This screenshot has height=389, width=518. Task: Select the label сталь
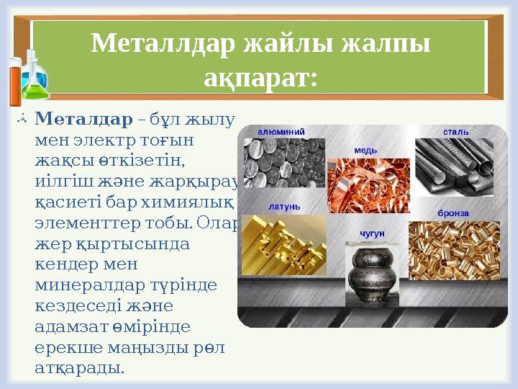click(455, 133)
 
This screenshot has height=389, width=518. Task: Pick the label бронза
click(453, 213)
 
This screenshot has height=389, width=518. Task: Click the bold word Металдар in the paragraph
click(83, 117)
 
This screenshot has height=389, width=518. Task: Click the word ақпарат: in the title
click(260, 76)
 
